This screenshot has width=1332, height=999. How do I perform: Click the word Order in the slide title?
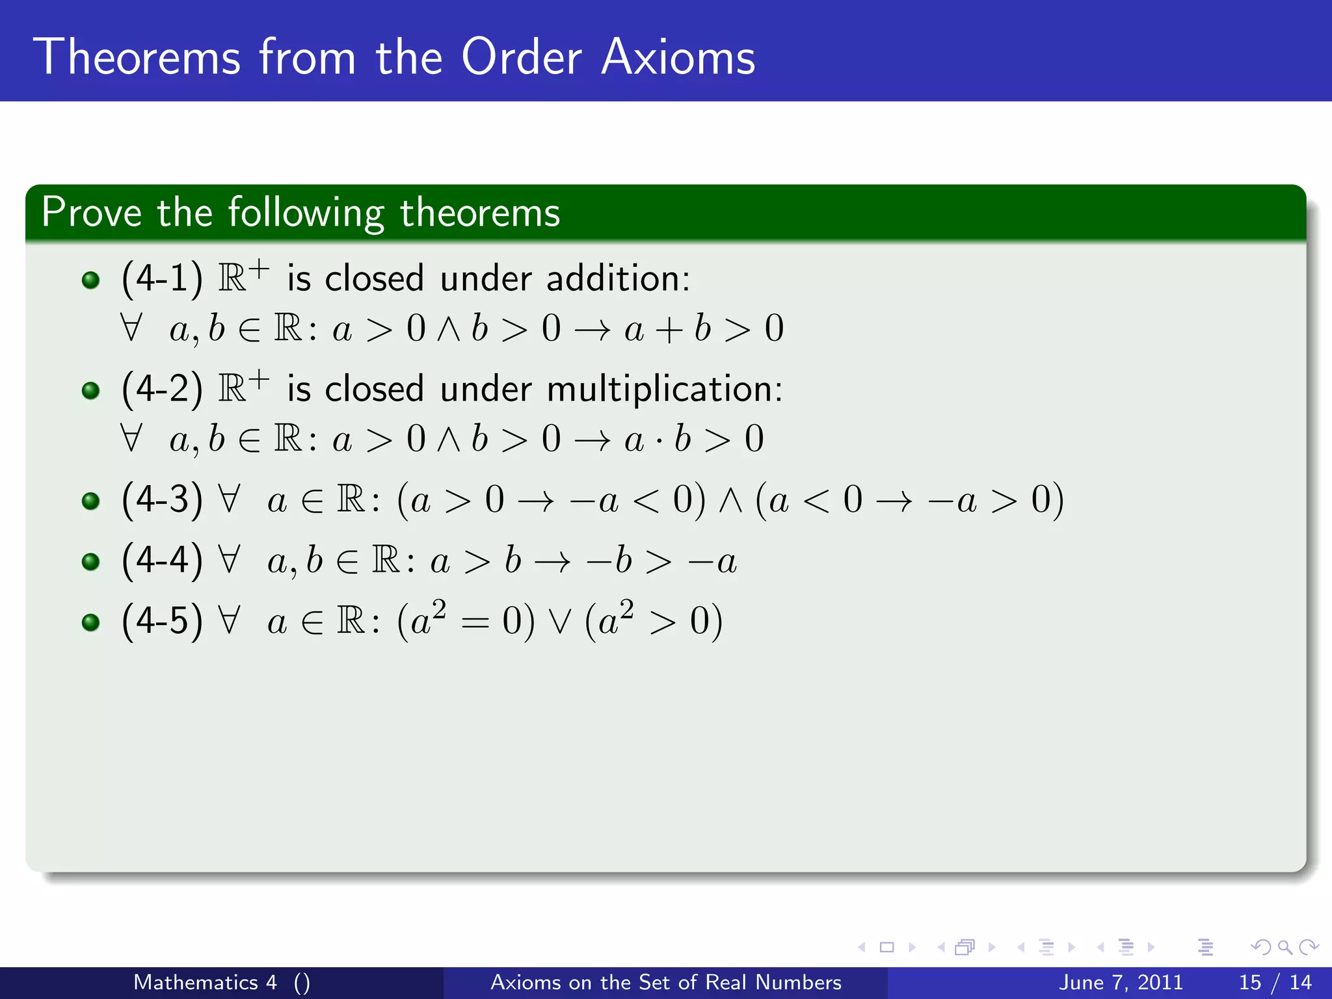coord(521,58)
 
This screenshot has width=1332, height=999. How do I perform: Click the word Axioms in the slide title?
coord(678,58)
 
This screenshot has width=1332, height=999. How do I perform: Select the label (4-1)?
coord(162,278)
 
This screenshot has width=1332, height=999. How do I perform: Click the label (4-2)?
coord(162,389)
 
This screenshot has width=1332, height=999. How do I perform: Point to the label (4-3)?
coord(162,499)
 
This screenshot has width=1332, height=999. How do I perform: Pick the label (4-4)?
coord(162,560)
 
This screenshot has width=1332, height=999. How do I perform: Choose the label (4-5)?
coord(162,620)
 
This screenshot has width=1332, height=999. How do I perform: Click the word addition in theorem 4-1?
coord(618,278)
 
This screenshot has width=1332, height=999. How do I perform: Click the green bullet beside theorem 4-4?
coord(91,561)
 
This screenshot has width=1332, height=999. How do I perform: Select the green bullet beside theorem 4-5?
coord(91,622)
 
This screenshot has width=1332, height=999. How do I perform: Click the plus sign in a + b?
coord(669,329)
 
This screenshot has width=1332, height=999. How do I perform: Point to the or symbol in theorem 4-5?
coord(559,622)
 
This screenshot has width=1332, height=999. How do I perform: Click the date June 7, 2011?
coord(1121,982)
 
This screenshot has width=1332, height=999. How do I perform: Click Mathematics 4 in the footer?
coord(205,982)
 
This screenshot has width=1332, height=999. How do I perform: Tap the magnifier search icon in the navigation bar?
coord(1285,948)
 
